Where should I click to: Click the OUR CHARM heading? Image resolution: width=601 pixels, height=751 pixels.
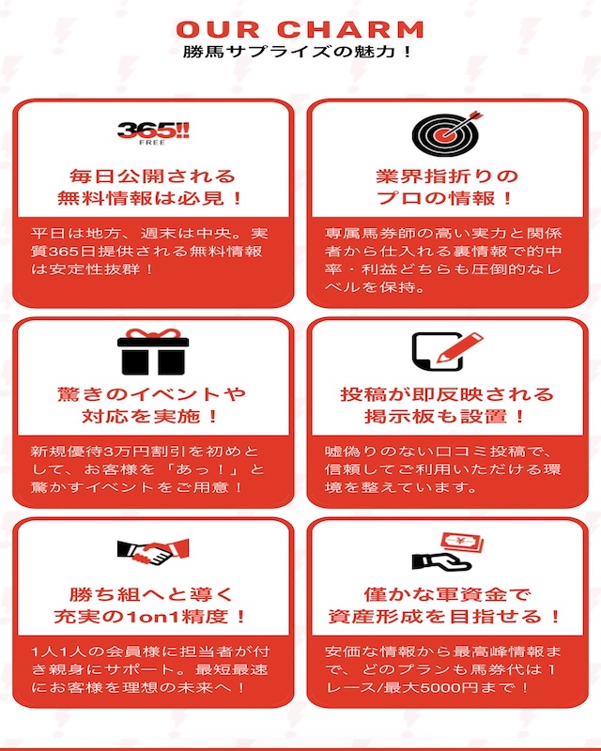pyautogui.click(x=300, y=29)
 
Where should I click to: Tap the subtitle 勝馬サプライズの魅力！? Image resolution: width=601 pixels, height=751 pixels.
pyautogui.click(x=298, y=52)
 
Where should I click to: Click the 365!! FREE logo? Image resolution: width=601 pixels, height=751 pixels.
pyautogui.click(x=153, y=133)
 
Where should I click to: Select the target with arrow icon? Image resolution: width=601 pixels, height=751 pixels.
pyautogui.click(x=447, y=133)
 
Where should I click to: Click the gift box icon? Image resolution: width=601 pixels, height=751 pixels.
pyautogui.click(x=153, y=352)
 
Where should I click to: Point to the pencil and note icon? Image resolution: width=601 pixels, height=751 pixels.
pyautogui.click(x=447, y=351)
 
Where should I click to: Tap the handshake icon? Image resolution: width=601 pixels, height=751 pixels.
pyautogui.click(x=153, y=552)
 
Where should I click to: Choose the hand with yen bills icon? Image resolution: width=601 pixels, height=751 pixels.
pyautogui.click(x=448, y=552)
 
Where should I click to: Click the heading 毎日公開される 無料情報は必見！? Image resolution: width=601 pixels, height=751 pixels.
pyautogui.click(x=151, y=187)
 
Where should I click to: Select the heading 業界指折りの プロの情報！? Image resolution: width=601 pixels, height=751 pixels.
pyautogui.click(x=447, y=187)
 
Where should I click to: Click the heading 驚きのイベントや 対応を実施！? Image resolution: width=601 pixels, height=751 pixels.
pyautogui.click(x=151, y=406)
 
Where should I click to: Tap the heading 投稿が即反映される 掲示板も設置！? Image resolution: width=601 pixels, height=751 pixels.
pyautogui.click(x=447, y=406)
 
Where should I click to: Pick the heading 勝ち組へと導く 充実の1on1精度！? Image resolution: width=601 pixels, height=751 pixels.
pyautogui.click(x=151, y=605)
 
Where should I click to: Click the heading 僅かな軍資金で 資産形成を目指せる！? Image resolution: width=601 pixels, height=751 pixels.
pyautogui.click(x=446, y=605)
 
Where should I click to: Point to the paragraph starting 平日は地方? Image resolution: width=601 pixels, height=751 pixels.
pyautogui.click(x=149, y=252)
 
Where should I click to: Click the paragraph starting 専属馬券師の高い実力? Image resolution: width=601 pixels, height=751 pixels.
pyautogui.click(x=443, y=260)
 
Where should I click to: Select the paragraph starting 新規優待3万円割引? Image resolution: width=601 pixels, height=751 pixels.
pyautogui.click(x=147, y=469)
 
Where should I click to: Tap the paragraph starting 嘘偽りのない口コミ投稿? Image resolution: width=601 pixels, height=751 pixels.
pyautogui.click(x=443, y=469)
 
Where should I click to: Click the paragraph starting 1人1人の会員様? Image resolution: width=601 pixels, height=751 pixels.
pyautogui.click(x=150, y=669)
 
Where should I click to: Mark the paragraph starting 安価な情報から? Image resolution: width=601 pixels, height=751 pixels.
pyautogui.click(x=443, y=669)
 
